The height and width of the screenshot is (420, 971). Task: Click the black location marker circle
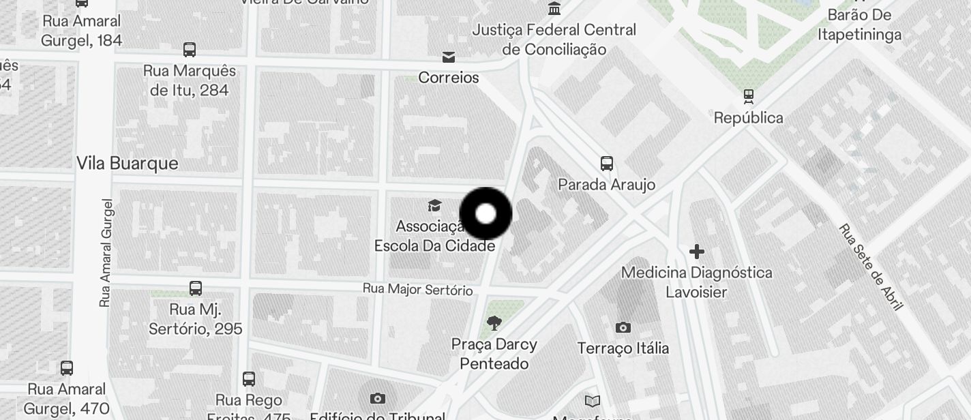click(485, 214)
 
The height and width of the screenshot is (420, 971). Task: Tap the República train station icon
click(749, 96)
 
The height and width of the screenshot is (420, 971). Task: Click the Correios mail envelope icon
click(449, 57)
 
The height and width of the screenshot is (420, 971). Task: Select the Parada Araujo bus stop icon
click(606, 164)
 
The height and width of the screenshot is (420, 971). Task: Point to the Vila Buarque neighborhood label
click(127, 164)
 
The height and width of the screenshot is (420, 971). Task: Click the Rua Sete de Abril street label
click(871, 267)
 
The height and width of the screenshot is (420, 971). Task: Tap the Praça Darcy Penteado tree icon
click(494, 323)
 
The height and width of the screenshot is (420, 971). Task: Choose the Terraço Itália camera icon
click(623, 328)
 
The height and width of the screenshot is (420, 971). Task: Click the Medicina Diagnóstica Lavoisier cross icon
click(696, 252)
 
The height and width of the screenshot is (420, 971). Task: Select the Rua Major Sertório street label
click(417, 289)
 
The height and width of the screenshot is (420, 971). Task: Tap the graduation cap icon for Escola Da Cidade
click(434, 205)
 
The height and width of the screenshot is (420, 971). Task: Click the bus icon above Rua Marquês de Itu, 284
click(190, 50)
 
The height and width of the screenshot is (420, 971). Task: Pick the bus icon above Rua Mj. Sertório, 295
click(196, 288)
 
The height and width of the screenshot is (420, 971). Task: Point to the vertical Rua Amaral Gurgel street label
click(105, 252)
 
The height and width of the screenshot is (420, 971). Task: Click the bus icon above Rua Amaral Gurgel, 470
click(67, 368)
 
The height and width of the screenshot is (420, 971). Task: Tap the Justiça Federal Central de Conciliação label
click(554, 40)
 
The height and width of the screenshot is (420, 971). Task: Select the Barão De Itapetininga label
click(859, 25)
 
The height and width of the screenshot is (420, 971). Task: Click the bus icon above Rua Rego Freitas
click(249, 379)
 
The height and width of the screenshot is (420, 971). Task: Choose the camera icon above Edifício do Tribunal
click(377, 398)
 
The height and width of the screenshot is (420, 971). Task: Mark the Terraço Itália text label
click(623, 348)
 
